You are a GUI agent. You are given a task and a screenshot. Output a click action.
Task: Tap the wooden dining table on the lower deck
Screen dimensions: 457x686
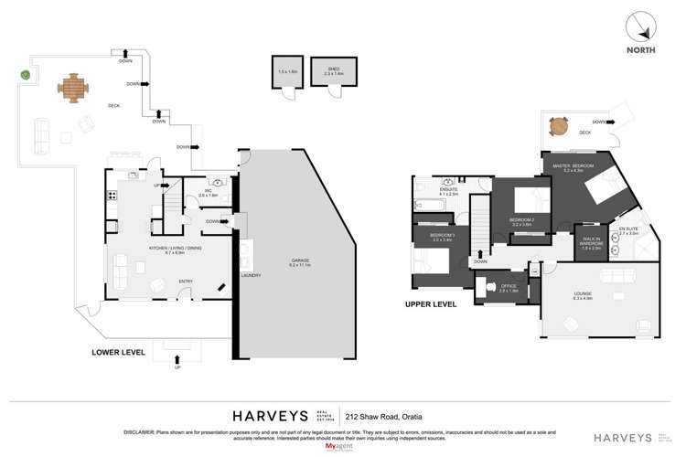coord(74,89)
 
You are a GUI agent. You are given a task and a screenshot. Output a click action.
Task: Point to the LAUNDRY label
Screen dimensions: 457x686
coord(251,275)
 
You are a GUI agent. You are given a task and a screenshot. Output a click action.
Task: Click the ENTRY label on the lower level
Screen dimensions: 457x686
coord(186,281)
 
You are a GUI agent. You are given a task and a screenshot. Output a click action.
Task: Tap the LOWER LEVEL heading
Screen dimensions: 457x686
coord(119,351)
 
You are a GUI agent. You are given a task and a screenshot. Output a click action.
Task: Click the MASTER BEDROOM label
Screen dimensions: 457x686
coord(573,165)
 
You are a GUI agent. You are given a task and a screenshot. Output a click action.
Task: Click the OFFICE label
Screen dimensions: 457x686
coord(510,285)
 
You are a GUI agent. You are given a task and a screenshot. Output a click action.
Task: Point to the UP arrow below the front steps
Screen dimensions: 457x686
coord(178,369)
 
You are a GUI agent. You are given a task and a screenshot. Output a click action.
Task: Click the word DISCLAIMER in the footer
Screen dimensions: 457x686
coord(142,431)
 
